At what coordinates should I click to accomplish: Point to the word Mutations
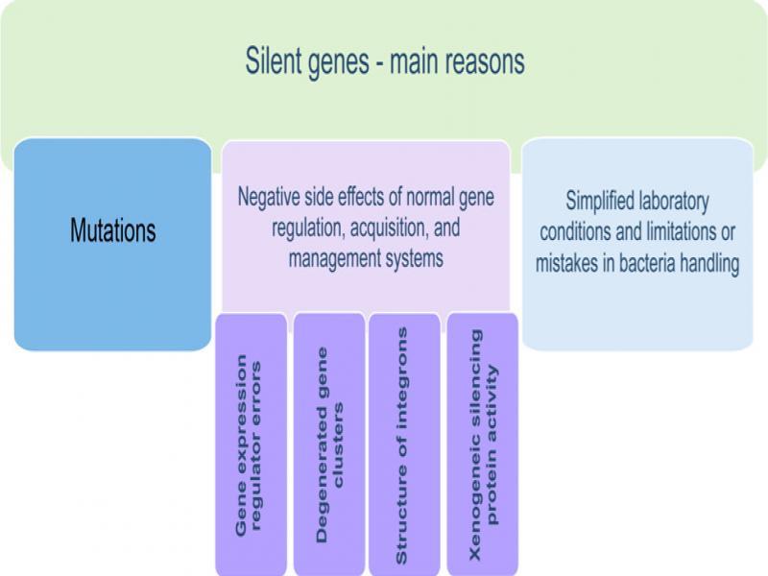coord(112,230)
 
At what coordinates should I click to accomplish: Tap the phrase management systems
coord(366,259)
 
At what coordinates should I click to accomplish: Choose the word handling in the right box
coord(706,264)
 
